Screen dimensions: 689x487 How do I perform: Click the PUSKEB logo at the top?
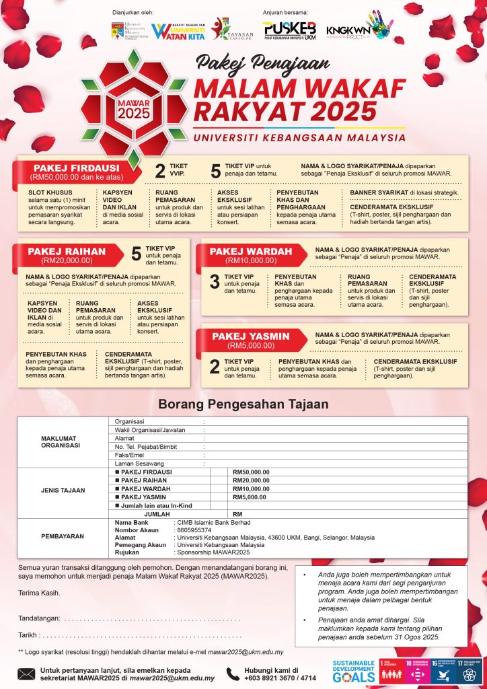click(289, 30)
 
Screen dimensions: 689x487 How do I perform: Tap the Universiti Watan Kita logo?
click(178, 31)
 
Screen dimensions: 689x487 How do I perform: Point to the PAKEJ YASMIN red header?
click(251, 340)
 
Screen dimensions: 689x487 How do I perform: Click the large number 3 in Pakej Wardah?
click(215, 281)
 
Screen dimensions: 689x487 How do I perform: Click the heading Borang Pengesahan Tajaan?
click(243, 404)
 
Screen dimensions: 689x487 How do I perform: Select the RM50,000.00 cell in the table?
click(251, 472)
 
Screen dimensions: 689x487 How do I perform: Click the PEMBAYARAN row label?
click(61, 537)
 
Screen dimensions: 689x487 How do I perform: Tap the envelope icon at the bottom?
click(26, 674)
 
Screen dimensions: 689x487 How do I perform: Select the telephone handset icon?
click(232, 674)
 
